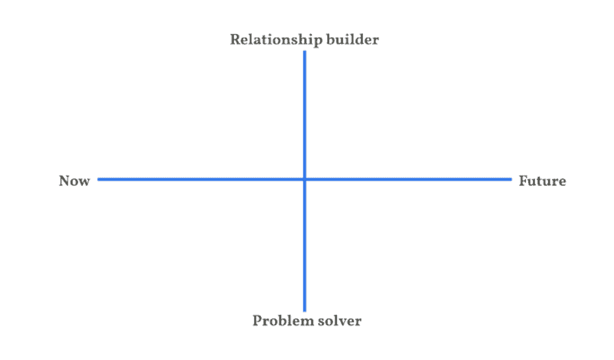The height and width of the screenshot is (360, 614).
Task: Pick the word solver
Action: click(x=339, y=321)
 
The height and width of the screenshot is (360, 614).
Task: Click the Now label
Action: click(x=74, y=181)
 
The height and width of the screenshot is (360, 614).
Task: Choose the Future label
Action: click(x=542, y=181)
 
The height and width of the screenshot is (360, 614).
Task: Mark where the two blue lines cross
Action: click(x=305, y=179)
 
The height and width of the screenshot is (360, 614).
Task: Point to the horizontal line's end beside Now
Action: click(x=98, y=179)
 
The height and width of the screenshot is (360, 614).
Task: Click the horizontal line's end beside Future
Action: click(x=511, y=179)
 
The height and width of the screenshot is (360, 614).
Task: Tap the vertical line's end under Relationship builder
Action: click(x=305, y=52)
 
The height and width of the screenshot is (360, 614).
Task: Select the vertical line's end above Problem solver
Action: click(x=305, y=311)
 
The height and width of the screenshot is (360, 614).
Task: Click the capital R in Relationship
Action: click(x=235, y=40)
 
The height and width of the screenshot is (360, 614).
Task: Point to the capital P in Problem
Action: click(x=257, y=320)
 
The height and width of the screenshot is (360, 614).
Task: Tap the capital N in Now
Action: click(x=65, y=181)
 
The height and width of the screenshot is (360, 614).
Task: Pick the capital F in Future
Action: click(x=523, y=181)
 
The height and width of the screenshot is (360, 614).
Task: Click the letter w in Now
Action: click(x=85, y=182)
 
